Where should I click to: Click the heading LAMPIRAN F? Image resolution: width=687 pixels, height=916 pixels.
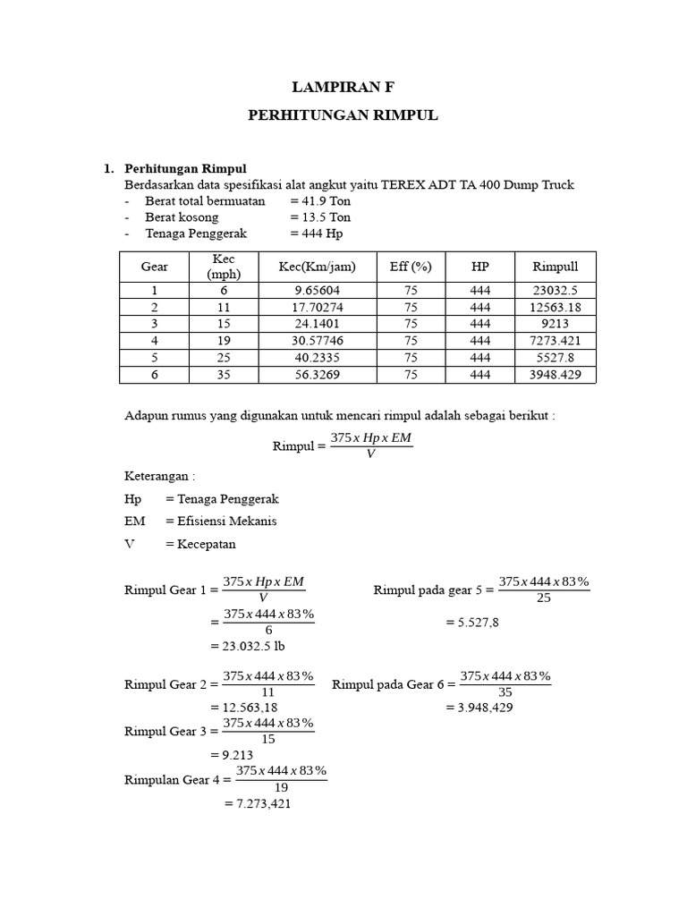pos(343,87)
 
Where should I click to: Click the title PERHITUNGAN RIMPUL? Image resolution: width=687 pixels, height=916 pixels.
pos(343,116)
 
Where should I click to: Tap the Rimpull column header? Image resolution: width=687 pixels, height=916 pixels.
pos(556,267)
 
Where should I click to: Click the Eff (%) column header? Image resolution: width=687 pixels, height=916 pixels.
pos(411,267)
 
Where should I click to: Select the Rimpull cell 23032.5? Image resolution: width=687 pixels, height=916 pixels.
pos(556,291)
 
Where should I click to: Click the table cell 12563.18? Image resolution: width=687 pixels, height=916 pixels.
pos(556,308)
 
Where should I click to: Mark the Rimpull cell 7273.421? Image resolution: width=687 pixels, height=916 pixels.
pos(556,341)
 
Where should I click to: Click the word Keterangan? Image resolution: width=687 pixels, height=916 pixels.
pos(158,477)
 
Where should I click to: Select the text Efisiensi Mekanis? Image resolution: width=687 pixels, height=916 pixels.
pos(227,521)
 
